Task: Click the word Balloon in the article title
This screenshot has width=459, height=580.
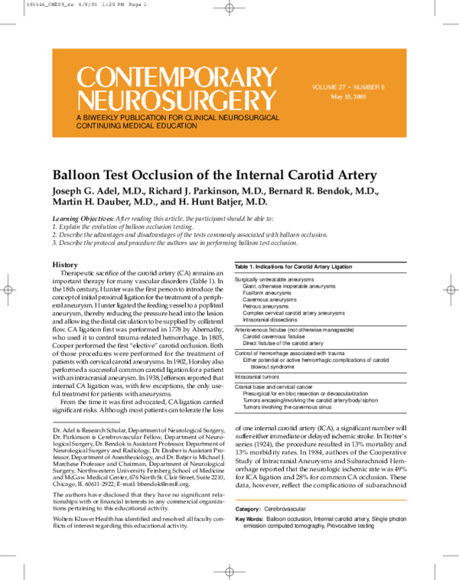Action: point(78,174)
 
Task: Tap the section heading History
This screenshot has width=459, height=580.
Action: point(64,264)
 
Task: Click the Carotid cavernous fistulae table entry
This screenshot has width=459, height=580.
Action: point(275,335)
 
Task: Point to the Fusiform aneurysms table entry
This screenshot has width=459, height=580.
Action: point(267,292)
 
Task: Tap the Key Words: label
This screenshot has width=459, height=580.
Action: point(249,519)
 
